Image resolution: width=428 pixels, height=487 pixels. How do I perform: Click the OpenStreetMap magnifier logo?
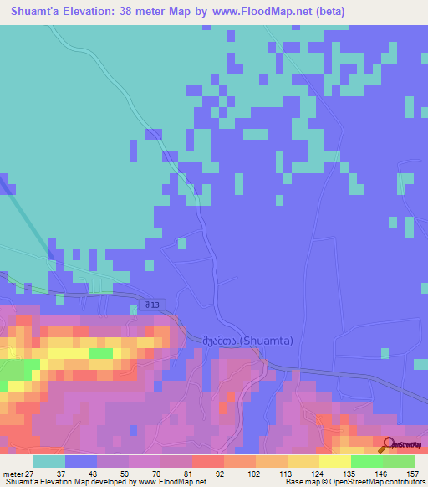[x=388, y=446]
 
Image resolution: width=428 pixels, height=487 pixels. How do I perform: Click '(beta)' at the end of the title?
[x=327, y=12]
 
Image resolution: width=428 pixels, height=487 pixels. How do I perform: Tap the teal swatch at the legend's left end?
[x=49, y=460]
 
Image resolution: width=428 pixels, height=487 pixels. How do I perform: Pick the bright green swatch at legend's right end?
[x=399, y=460]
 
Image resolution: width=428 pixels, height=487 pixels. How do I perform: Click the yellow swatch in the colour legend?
[x=335, y=460]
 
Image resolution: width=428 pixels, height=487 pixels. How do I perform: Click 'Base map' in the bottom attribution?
[x=302, y=481]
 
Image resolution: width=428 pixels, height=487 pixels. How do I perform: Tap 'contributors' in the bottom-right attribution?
[x=404, y=481]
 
